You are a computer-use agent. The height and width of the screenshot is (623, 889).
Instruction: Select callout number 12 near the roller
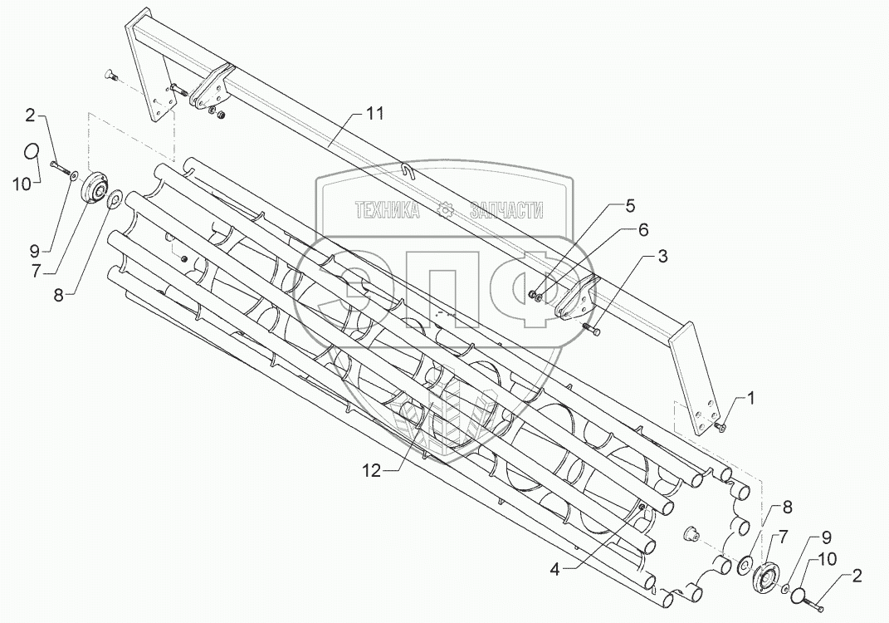(371, 471)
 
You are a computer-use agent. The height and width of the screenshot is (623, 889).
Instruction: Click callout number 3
(662, 258)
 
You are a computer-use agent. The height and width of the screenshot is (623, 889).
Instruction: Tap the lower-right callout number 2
(855, 575)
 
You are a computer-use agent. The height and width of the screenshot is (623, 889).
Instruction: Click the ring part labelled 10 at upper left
(31, 151)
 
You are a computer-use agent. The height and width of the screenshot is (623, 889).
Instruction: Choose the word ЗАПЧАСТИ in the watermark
(506, 212)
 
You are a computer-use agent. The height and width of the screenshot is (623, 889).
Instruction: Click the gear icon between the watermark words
(447, 211)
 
